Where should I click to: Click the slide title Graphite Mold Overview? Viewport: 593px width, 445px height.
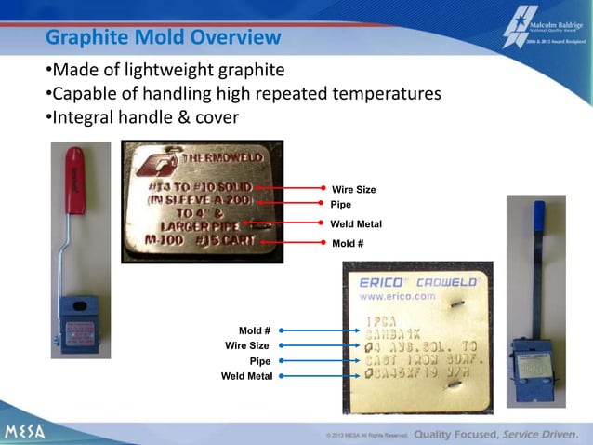(163, 38)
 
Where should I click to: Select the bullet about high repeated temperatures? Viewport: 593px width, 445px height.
(243, 94)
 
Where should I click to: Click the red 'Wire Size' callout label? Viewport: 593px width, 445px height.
(353, 190)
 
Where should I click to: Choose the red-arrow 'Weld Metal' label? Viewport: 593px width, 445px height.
(356, 224)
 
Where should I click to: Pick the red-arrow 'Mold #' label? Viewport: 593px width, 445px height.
(349, 244)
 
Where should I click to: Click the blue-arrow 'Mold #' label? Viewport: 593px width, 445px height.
(254, 330)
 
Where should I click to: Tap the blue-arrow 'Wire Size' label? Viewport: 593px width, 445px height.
(247, 345)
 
